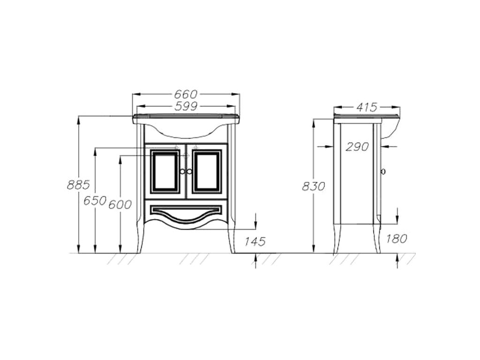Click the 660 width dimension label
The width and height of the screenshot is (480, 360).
(186, 94)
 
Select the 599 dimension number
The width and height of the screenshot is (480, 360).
(186, 106)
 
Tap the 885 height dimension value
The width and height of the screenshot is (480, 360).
(78, 185)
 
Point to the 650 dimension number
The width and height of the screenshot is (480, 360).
(95, 201)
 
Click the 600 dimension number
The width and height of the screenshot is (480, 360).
(120, 204)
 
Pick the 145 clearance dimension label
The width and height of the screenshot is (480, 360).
(255, 241)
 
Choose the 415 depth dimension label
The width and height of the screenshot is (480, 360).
(367, 107)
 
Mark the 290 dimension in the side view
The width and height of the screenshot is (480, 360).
(357, 147)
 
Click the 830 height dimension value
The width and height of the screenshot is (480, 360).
(313, 186)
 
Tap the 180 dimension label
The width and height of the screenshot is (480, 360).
(396, 239)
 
